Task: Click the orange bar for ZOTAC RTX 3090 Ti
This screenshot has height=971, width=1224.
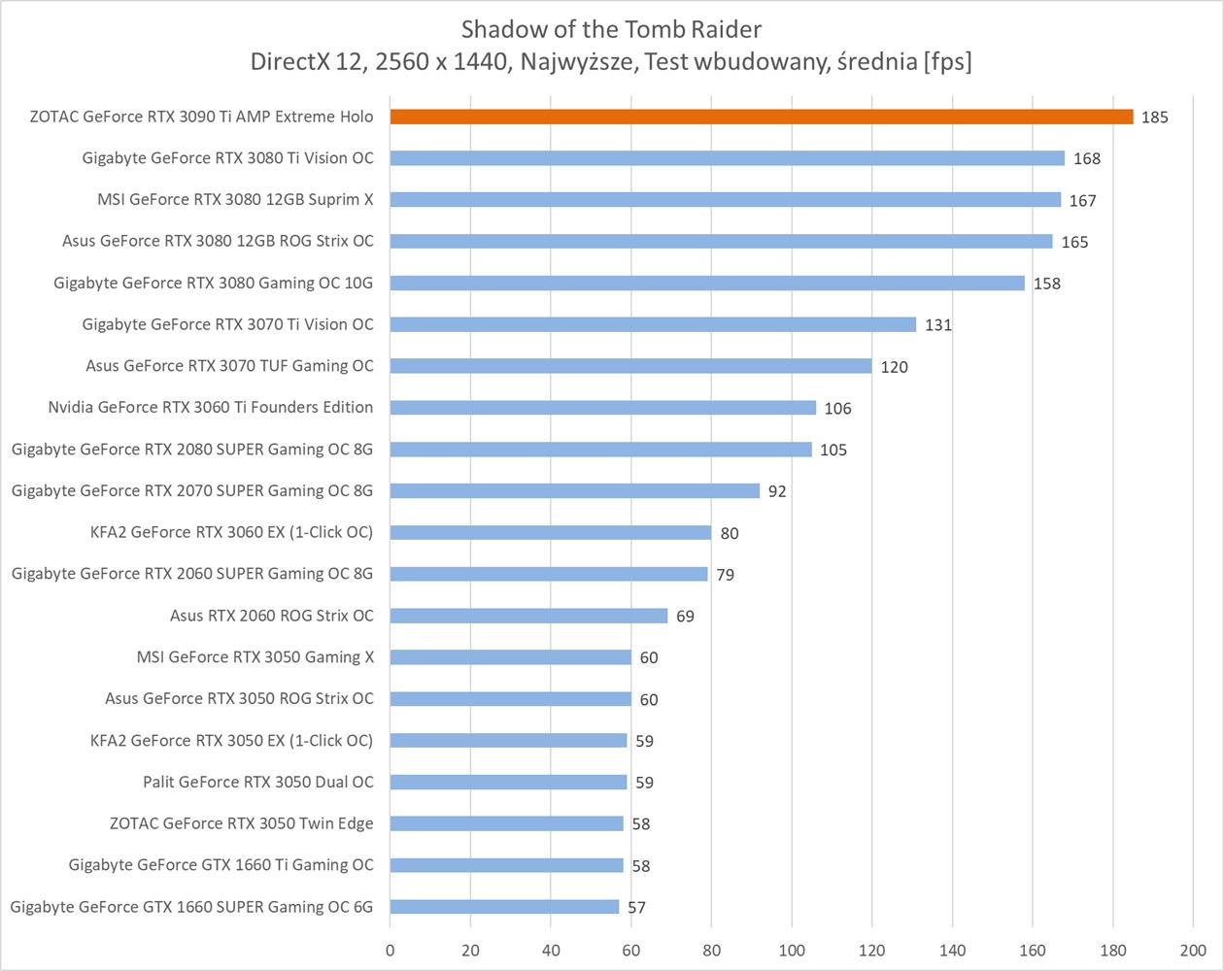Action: (762, 117)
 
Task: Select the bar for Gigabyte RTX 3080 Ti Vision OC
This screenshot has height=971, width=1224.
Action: (728, 158)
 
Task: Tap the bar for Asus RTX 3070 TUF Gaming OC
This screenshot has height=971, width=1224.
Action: (631, 366)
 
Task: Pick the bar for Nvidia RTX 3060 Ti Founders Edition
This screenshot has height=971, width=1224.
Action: (603, 408)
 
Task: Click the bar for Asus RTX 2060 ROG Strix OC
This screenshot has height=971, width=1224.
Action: (529, 616)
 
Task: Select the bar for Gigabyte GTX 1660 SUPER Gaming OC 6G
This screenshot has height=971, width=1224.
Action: (505, 907)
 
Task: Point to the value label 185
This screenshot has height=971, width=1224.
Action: (1155, 117)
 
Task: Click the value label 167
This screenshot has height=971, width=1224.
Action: (1082, 201)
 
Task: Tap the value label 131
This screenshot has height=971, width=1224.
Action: (937, 325)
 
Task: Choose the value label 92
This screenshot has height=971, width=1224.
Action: (777, 491)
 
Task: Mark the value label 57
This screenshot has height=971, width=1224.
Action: (636, 908)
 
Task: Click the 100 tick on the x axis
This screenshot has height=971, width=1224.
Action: (792, 950)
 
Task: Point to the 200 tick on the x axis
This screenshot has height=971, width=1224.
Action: (1193, 950)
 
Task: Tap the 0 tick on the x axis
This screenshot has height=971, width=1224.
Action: (391, 950)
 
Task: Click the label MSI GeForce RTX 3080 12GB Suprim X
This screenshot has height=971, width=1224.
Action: (235, 200)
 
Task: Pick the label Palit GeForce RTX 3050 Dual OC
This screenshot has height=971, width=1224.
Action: (258, 782)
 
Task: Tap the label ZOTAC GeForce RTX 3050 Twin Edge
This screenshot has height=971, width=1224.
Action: (241, 823)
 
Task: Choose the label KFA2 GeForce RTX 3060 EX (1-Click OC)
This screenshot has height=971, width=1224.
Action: (231, 532)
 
